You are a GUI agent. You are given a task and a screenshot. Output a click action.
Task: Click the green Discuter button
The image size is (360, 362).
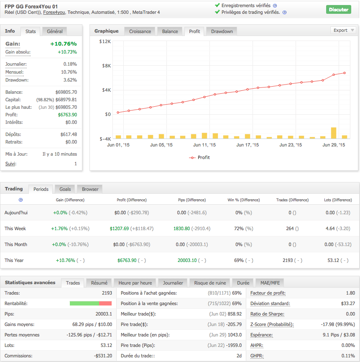[x=338, y=10]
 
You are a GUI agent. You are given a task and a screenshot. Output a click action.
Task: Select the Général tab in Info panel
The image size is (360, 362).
[x=55, y=31]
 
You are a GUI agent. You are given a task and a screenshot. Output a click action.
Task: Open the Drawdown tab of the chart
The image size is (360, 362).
[x=222, y=31]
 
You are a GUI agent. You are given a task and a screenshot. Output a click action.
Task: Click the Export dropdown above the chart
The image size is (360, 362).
[x=343, y=30]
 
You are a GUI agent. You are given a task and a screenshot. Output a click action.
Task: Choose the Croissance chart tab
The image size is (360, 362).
[x=140, y=31]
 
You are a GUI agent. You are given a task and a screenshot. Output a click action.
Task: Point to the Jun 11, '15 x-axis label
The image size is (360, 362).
[x=204, y=145]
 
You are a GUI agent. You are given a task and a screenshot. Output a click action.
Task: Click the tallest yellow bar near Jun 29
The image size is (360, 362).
[x=334, y=133]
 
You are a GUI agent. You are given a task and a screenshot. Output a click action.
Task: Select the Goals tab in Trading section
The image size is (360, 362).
[x=65, y=189]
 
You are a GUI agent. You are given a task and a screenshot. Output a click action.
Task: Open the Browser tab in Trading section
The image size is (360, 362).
[x=90, y=189]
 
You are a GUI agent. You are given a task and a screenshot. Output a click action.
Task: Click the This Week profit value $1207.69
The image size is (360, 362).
[x=120, y=228]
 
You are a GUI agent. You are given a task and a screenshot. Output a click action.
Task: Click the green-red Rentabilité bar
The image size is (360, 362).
[x=91, y=303]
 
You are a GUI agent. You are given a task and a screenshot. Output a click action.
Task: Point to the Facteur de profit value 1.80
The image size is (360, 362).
[x=350, y=293]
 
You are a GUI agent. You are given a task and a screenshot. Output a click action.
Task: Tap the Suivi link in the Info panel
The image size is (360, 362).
[x=10, y=164]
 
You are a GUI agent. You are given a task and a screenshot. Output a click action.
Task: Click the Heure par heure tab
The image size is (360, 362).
[x=135, y=283]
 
